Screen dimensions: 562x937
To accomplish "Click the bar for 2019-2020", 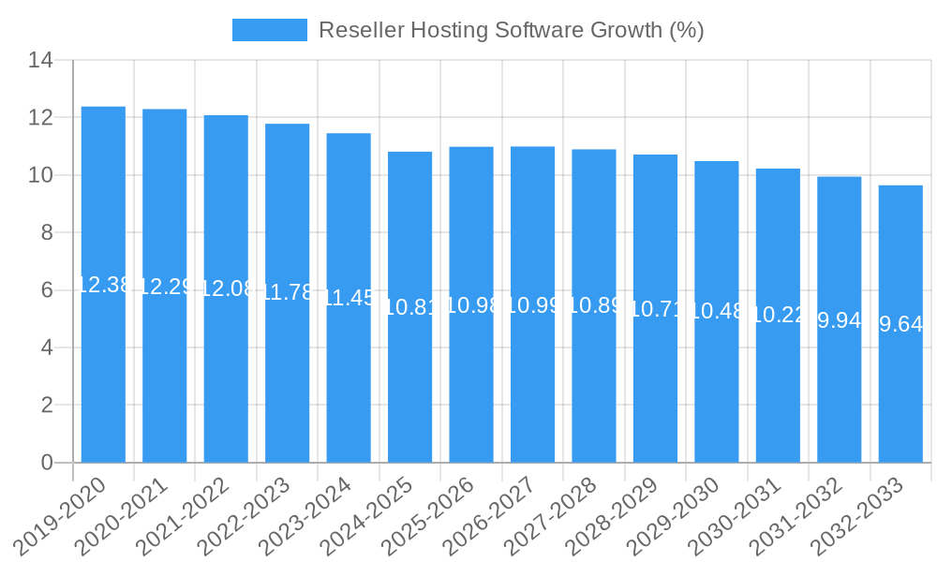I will click(x=103, y=375).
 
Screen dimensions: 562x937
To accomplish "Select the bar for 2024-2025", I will click(x=409, y=393).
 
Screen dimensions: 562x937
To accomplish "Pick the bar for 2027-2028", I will click(x=594, y=393).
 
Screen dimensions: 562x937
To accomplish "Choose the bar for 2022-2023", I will click(x=287, y=384).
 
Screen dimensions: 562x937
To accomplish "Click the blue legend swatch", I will click(x=270, y=30).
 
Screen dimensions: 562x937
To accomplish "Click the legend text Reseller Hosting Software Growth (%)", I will click(x=511, y=30).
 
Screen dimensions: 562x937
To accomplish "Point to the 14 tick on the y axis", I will click(x=40, y=61).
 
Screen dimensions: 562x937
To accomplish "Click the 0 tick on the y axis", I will click(x=47, y=463).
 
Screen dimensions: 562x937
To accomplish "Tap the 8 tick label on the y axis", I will click(x=47, y=233).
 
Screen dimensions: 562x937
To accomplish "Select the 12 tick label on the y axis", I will click(x=40, y=118).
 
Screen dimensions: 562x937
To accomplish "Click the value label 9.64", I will click(x=900, y=324).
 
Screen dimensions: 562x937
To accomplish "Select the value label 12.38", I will click(x=103, y=285).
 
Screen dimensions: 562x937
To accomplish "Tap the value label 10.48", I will click(x=717, y=312).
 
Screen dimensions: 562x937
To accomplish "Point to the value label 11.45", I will click(x=349, y=298).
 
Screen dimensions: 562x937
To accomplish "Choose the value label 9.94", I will click(x=840, y=320).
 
